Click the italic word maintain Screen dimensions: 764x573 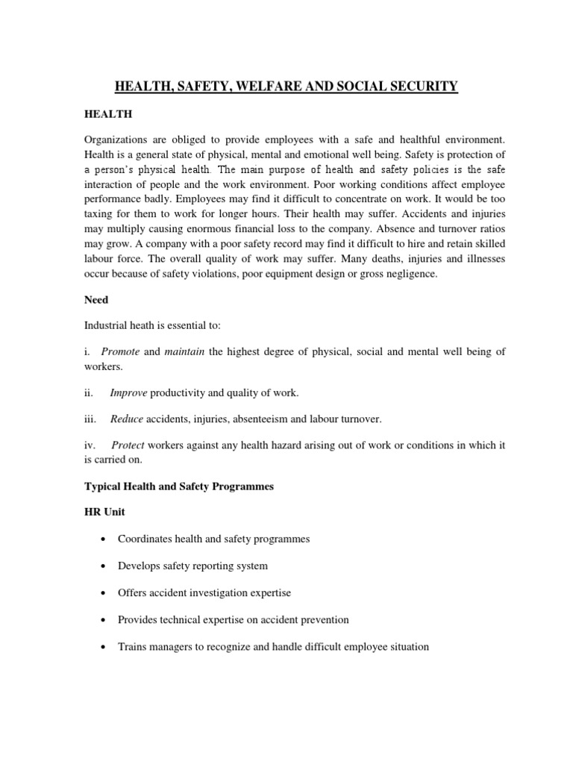click(x=184, y=352)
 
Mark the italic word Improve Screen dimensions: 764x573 click(x=128, y=392)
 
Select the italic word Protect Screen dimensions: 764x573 click(x=127, y=445)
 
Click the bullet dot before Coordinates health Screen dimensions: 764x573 click(x=101, y=539)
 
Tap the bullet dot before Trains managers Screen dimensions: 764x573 click(x=101, y=647)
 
